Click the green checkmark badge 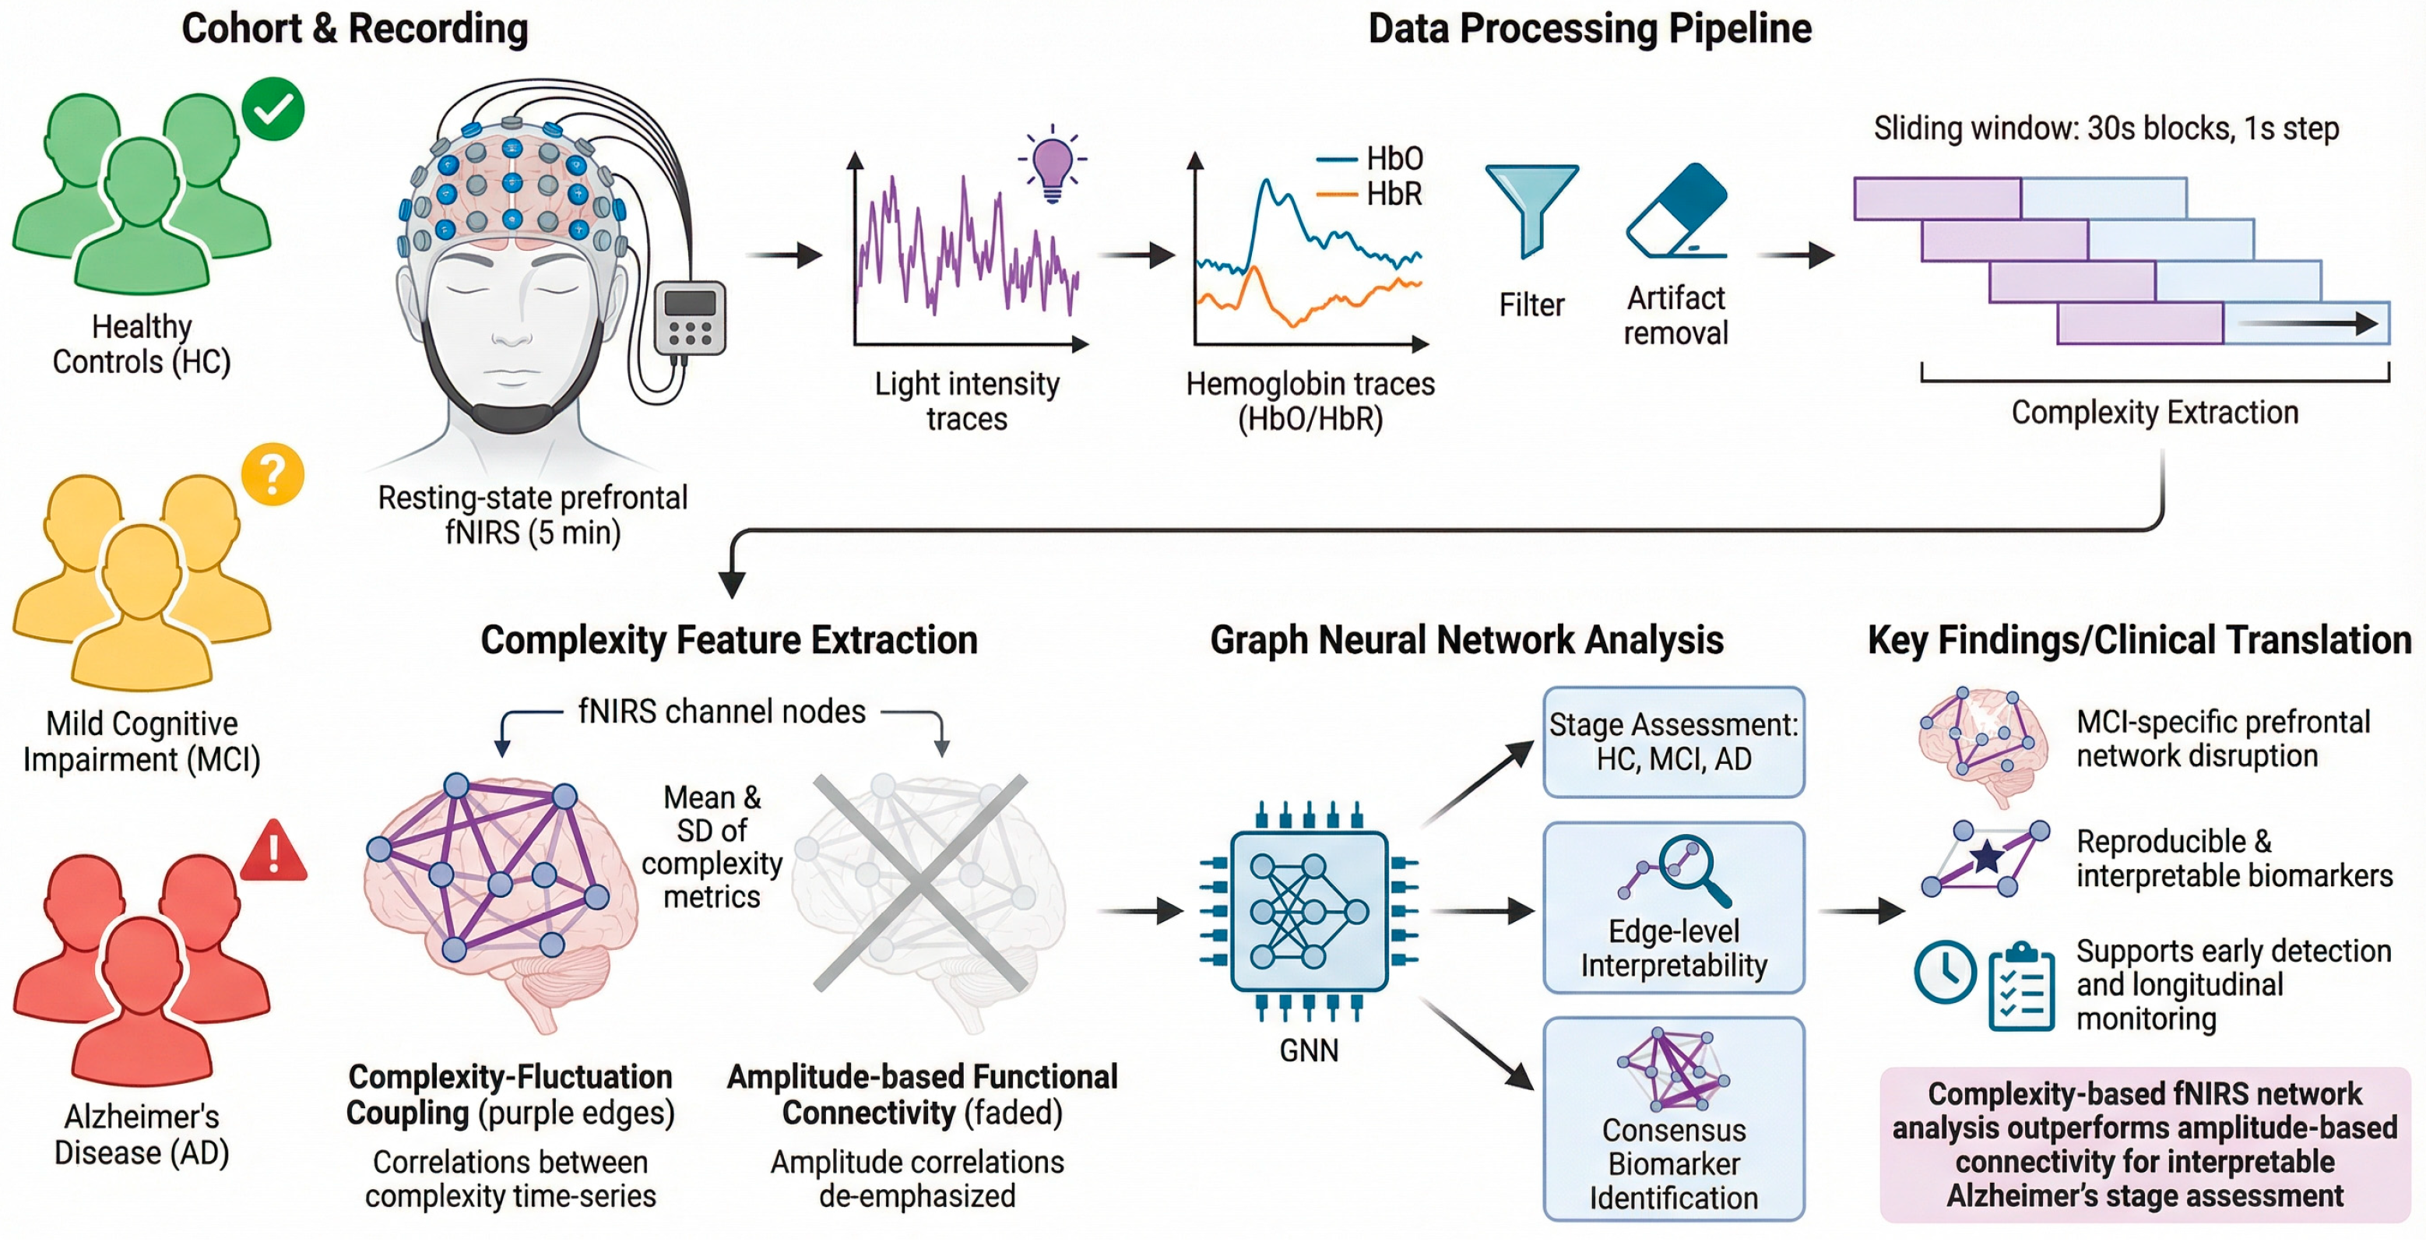(x=273, y=109)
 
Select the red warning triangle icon (x=274, y=852)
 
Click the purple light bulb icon (x=1052, y=166)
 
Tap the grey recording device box (x=691, y=318)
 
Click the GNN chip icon (x=1309, y=910)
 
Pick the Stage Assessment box (x=1674, y=742)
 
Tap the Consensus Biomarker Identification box (x=1674, y=1119)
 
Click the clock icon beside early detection (x=1945, y=972)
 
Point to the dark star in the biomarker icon (x=1987, y=857)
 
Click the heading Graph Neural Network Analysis (x=1466, y=640)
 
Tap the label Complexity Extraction (x=2155, y=413)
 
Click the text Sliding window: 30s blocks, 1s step (x=2106, y=128)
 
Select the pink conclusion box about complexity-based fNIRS (x=2144, y=1144)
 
